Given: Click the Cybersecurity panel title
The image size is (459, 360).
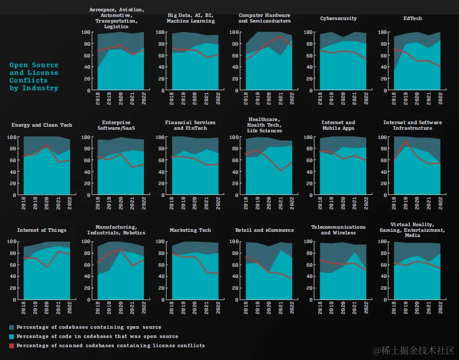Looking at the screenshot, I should tap(338, 18).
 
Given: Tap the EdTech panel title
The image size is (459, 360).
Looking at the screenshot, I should tap(413, 18).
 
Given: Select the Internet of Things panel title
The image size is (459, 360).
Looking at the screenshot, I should tap(41, 230).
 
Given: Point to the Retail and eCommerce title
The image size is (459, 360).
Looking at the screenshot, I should tap(264, 230).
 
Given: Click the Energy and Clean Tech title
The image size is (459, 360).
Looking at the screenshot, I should tap(41, 125).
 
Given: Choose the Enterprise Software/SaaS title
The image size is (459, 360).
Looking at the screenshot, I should tap(116, 125).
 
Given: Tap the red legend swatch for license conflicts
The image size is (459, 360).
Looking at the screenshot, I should tap(12, 346).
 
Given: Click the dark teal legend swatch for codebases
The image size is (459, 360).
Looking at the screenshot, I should tap(12, 327).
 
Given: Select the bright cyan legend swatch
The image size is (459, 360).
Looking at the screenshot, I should tap(12, 336).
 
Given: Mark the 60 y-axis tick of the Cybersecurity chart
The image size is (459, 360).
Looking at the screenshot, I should tap(309, 55).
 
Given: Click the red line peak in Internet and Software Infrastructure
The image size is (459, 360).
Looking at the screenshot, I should tap(406, 141).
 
